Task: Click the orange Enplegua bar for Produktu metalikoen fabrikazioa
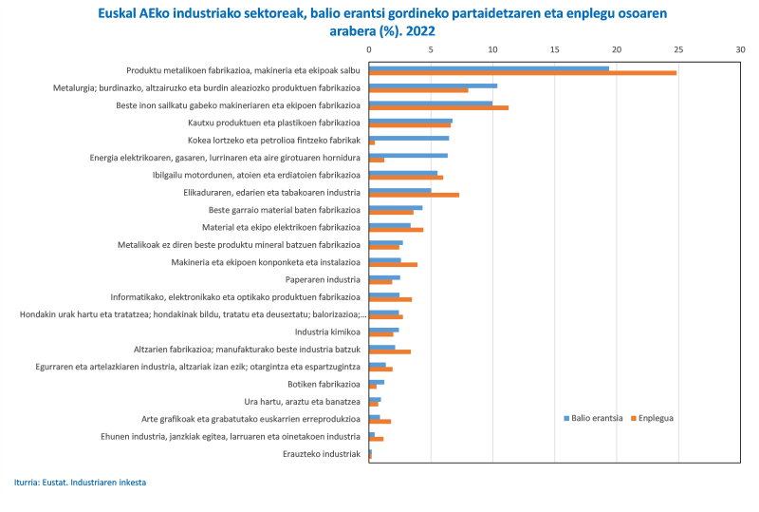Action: pos(522,73)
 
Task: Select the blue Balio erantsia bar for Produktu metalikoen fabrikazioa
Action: pos(489,67)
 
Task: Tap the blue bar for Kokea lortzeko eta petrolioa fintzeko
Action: pos(409,138)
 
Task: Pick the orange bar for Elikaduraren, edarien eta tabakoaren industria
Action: pos(414,195)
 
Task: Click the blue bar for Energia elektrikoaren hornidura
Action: pos(408,155)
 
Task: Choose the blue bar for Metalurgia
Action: pos(433,85)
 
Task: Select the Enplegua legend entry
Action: pos(655,418)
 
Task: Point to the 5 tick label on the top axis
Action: pos(431,48)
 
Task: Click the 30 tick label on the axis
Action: pos(740,48)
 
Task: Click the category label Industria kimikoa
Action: pos(328,332)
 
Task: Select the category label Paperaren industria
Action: pos(323,279)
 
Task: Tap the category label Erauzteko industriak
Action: pos(322,454)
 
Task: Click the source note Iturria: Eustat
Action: pos(81,483)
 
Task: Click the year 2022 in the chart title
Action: pos(421,30)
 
